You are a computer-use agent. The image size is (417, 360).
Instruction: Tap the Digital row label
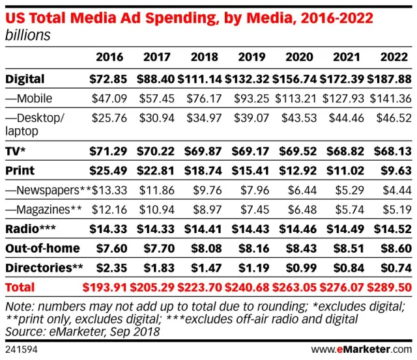pyautogui.click(x=25, y=79)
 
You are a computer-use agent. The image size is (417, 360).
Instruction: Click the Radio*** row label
pyautogui.click(x=31, y=229)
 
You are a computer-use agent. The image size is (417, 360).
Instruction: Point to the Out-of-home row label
pyautogui.click(x=42, y=248)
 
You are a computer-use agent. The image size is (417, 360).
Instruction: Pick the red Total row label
pyautogui.click(x=20, y=287)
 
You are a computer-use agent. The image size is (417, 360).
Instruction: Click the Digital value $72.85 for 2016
pyautogui.click(x=109, y=79)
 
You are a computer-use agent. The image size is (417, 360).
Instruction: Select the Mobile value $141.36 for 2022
pyautogui.click(x=390, y=99)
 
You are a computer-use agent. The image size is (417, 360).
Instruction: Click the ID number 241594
pyautogui.click(x=20, y=350)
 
